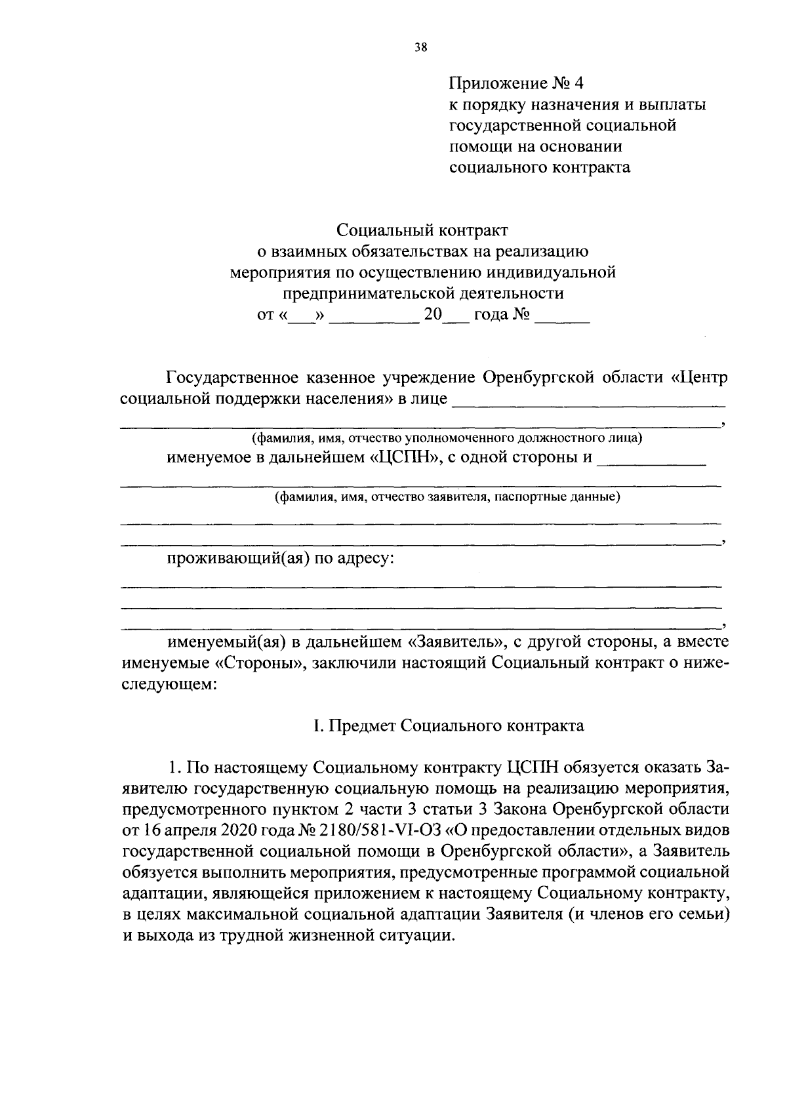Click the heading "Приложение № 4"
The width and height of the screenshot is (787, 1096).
(x=515, y=83)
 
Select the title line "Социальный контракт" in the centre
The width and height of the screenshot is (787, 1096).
(x=422, y=230)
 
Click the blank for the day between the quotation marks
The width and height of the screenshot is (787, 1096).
(x=302, y=316)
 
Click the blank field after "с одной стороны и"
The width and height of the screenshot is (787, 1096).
(x=653, y=459)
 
